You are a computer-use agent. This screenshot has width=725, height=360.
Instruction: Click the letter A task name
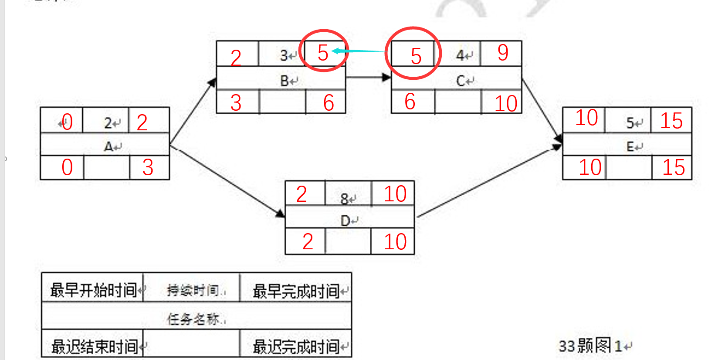click(108, 146)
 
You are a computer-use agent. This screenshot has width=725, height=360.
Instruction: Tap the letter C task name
click(461, 81)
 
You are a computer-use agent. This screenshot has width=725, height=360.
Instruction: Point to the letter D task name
click(346, 221)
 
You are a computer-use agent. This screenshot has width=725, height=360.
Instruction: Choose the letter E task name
click(630, 146)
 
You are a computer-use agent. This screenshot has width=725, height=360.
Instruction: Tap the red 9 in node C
click(503, 53)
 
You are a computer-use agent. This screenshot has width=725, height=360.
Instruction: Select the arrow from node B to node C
click(368, 78)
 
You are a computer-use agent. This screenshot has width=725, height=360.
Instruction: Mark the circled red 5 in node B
click(323, 53)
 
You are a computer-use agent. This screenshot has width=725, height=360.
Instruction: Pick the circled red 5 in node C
click(416, 56)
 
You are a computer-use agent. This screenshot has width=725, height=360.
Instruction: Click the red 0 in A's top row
click(67, 122)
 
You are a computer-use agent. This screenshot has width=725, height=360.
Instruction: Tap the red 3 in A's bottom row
click(148, 168)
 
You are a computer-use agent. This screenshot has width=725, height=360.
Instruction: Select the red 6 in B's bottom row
click(329, 103)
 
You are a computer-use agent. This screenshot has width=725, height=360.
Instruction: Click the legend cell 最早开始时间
click(93, 290)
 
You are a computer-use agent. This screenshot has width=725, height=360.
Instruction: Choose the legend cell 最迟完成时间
click(296, 347)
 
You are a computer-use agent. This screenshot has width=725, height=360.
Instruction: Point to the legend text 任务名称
click(193, 319)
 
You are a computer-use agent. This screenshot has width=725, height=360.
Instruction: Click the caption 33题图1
click(590, 346)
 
